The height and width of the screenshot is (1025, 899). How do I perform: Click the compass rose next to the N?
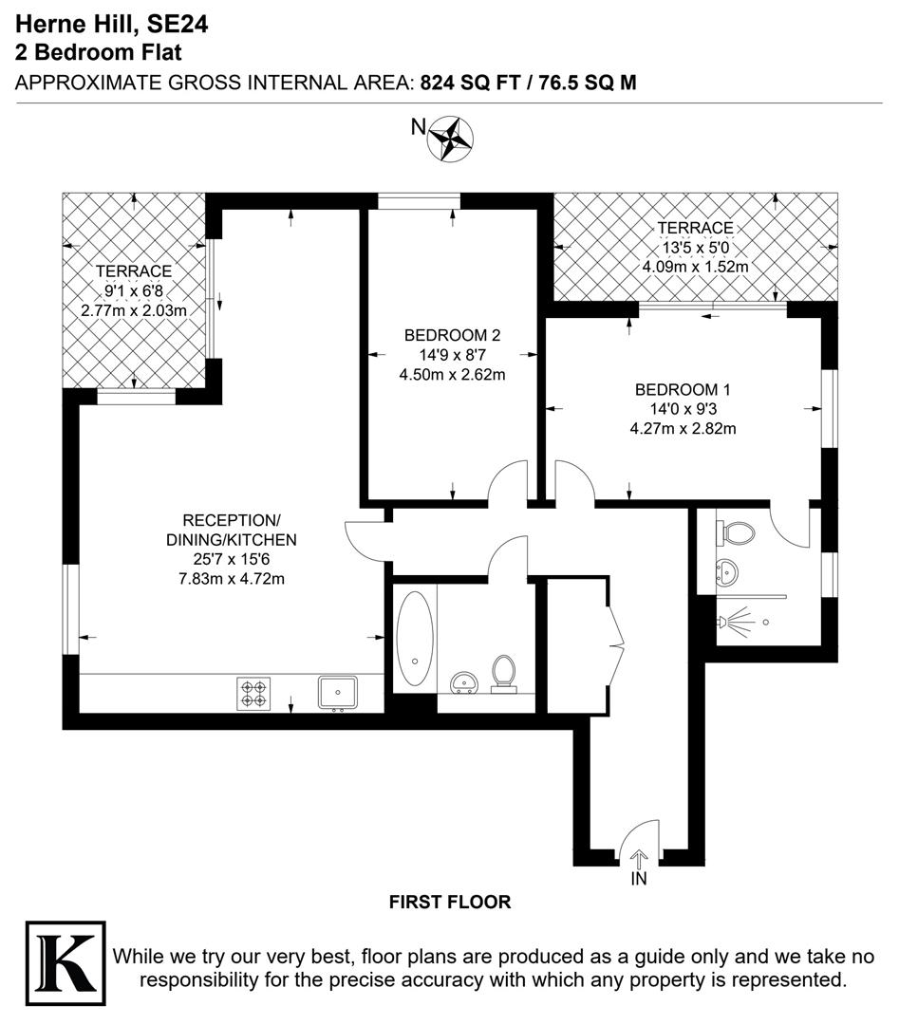coord(452,136)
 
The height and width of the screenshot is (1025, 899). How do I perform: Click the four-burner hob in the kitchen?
coord(254,693)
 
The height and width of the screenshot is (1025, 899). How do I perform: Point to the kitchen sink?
coord(337,692)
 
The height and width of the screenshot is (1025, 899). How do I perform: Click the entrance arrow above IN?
coord(639,859)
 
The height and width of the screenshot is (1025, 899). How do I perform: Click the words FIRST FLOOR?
coord(450,903)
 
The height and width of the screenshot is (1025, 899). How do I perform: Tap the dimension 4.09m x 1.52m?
coord(696,267)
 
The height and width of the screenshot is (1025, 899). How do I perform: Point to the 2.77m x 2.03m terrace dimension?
coord(133,309)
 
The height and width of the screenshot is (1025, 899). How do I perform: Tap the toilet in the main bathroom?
coord(504,671)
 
